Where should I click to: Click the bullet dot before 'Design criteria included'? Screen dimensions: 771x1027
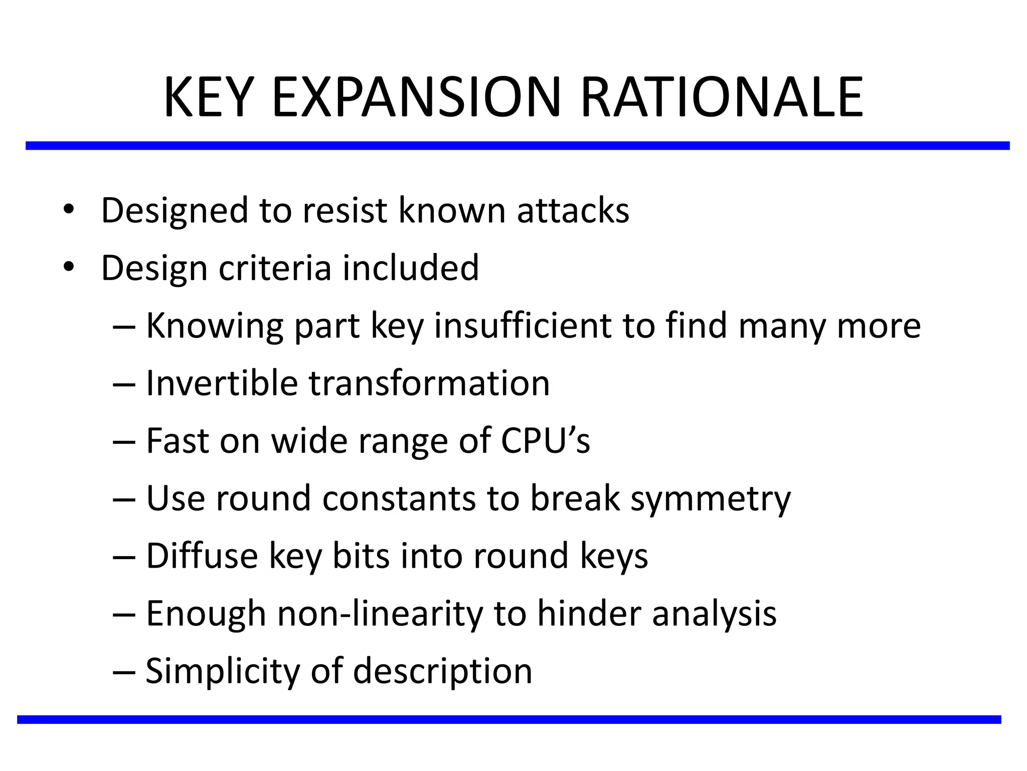tap(69, 267)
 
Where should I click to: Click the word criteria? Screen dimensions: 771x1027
tap(275, 268)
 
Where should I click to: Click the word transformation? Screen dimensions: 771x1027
tap(429, 383)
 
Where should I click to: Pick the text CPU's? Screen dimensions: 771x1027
tap(546, 441)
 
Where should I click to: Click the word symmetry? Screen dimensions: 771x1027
tap(710, 499)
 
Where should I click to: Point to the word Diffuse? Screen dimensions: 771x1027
tap(202, 556)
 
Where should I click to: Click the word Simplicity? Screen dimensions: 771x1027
tap(222, 672)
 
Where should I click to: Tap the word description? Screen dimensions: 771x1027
tap(442, 672)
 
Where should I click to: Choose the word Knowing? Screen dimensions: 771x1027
tap(214, 326)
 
